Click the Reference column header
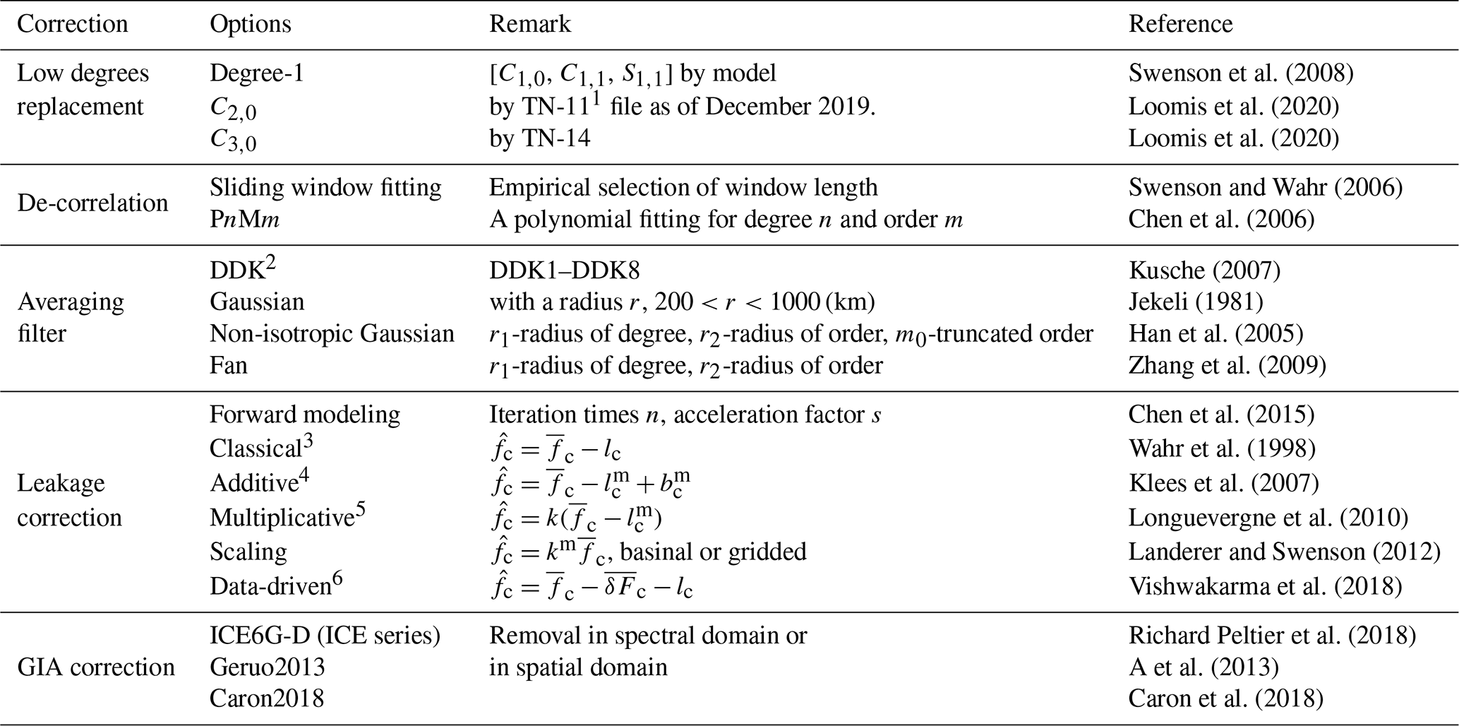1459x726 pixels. [1180, 24]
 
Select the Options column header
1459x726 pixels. [251, 25]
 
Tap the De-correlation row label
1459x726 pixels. [92, 203]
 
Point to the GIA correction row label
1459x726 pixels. [96, 667]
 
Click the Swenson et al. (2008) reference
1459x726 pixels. [1241, 73]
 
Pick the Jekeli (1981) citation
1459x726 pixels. [1196, 302]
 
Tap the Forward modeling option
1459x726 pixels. [305, 415]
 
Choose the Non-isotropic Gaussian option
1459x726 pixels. [332, 334]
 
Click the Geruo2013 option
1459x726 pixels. [268, 667]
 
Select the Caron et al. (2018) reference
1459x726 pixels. [1225, 698]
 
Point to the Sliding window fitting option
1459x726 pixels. [325, 188]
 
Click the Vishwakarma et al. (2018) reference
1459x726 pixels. [1265, 587]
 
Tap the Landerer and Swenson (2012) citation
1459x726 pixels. [1285, 552]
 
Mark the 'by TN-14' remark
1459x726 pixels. [540, 138]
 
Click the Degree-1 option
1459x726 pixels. [257, 73]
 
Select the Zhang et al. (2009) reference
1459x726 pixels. [1227, 366]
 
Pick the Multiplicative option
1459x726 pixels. [281, 518]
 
